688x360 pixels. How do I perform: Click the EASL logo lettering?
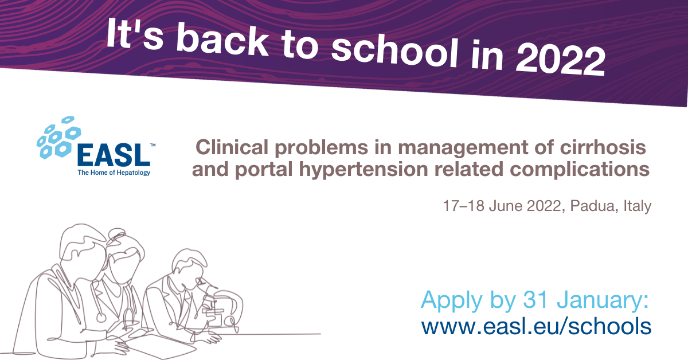[x=114, y=155]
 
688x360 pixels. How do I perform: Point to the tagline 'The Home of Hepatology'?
[x=114, y=173]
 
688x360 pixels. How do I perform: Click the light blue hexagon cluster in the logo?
[x=58, y=137]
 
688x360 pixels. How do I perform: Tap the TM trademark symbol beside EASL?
[x=153, y=145]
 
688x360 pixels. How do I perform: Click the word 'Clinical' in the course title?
[x=232, y=147]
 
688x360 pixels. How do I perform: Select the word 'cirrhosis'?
[x=603, y=147]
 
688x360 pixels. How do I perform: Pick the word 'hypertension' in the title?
[x=363, y=170]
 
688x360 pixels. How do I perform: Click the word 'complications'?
[x=580, y=170]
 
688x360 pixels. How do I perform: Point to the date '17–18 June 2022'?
[x=502, y=206]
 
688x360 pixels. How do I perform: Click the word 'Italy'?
[x=638, y=206]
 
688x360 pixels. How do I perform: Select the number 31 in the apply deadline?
[x=535, y=299]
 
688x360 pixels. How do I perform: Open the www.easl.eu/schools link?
[x=536, y=326]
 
